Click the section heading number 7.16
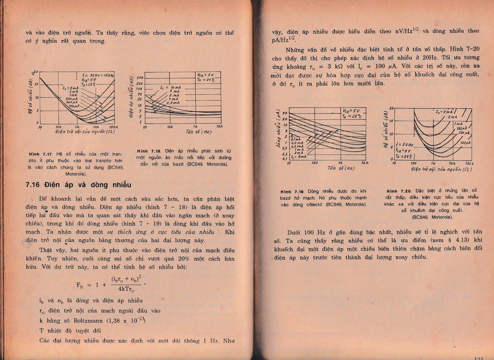[x=32, y=185]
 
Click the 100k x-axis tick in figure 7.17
[x=113, y=127]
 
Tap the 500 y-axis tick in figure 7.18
[x=140, y=78]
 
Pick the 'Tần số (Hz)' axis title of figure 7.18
[x=199, y=132]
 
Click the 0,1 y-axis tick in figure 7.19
[x=285, y=159]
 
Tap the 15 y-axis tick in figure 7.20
[x=391, y=121]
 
